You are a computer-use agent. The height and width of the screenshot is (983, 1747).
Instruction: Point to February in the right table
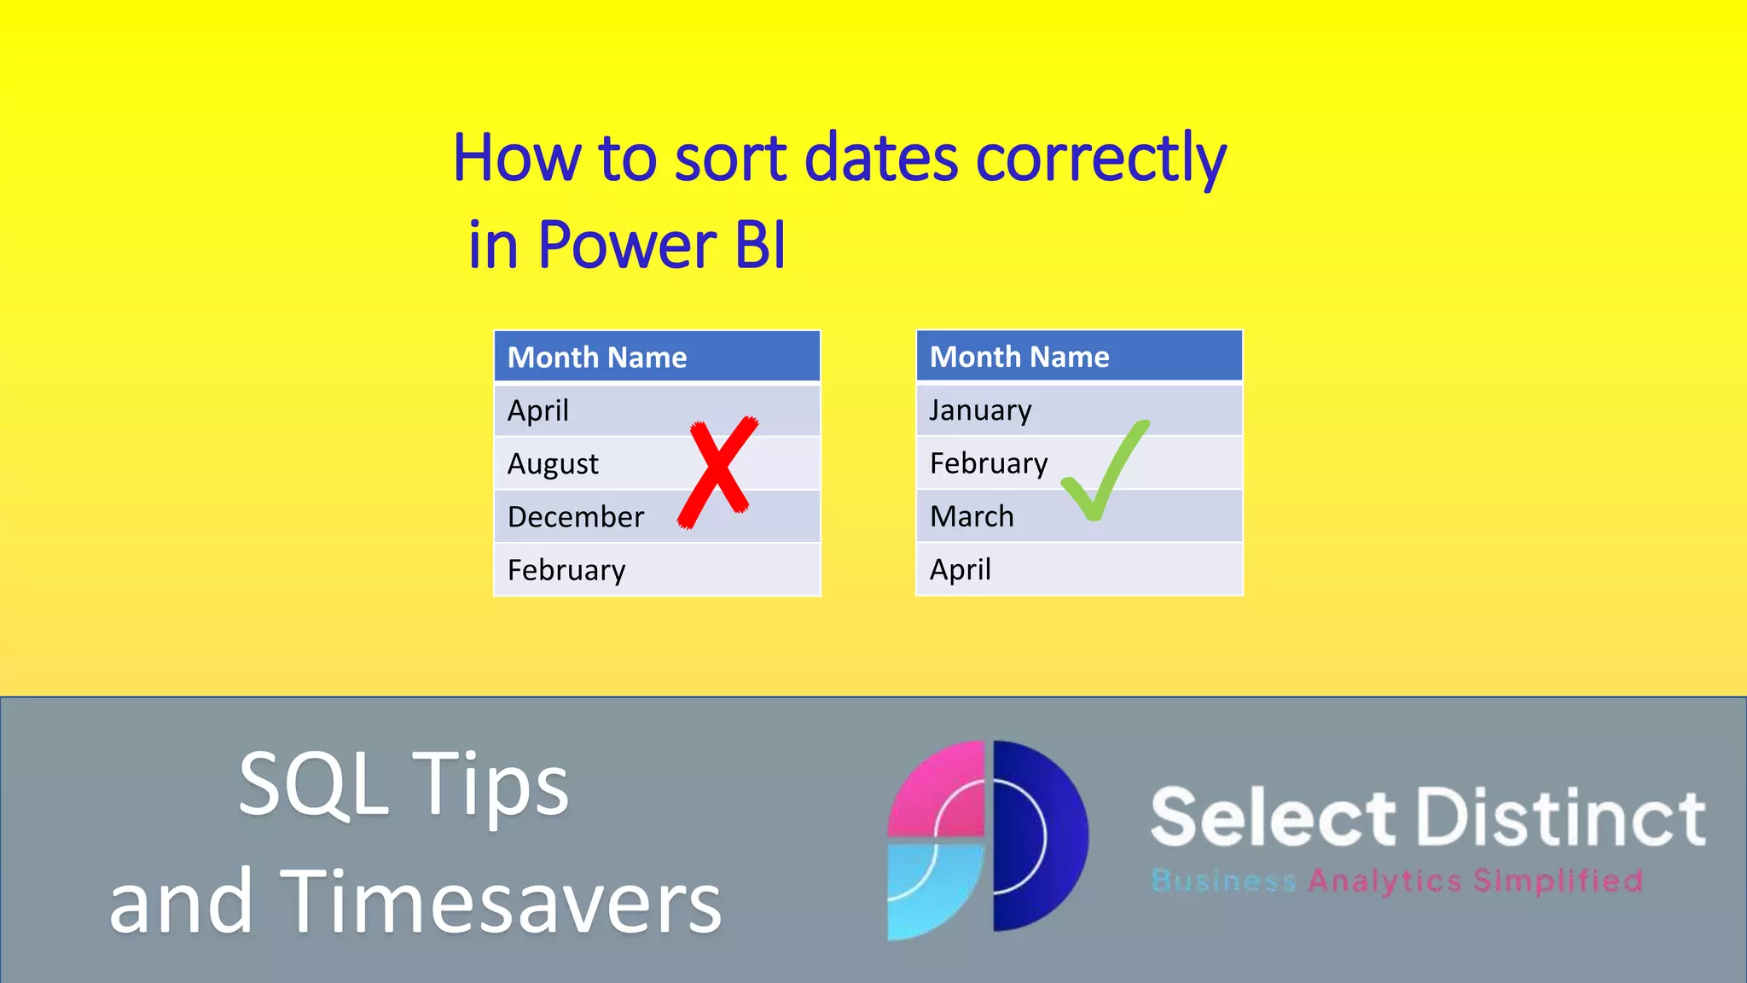(x=989, y=464)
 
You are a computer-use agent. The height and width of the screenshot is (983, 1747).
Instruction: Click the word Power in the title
(x=627, y=246)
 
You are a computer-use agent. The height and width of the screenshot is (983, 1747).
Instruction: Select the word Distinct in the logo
(x=1561, y=817)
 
